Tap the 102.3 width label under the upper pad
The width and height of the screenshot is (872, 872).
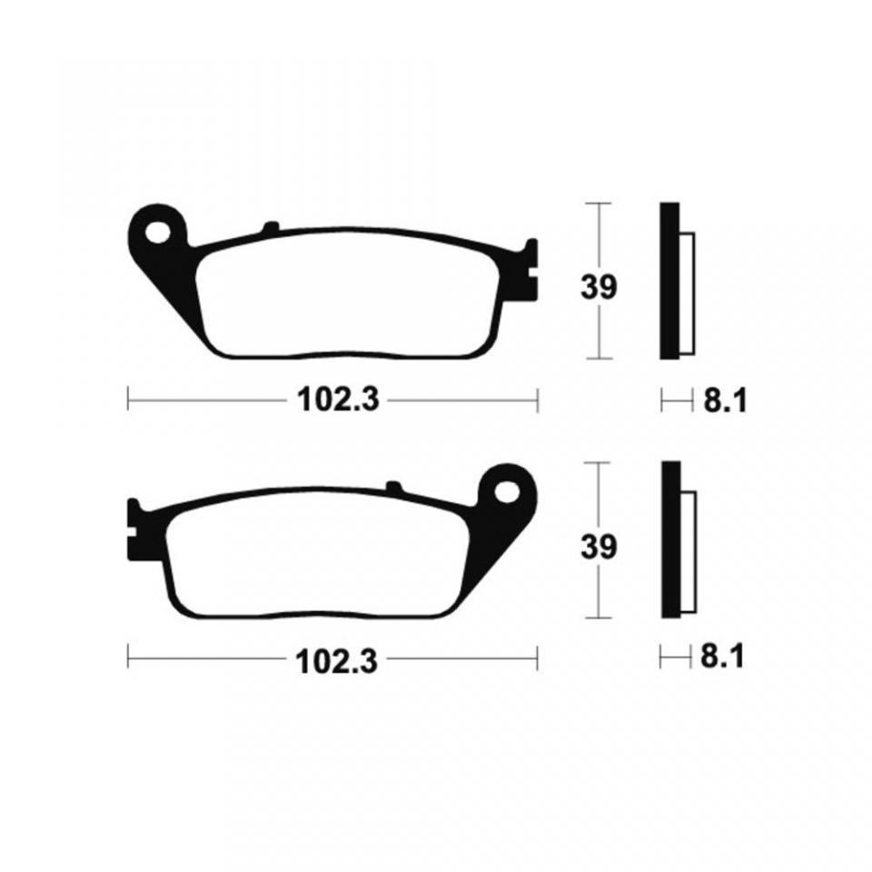point(339,400)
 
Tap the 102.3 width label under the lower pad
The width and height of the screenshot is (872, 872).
point(337,660)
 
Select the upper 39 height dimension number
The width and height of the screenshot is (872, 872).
point(599,288)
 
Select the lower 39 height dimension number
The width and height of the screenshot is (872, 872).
point(599,547)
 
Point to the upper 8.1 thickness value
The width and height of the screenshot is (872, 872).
point(725,401)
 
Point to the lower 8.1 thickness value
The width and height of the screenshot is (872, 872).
point(722,658)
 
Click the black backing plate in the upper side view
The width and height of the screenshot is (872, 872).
point(670,281)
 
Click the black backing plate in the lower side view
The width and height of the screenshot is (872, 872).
point(671,540)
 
